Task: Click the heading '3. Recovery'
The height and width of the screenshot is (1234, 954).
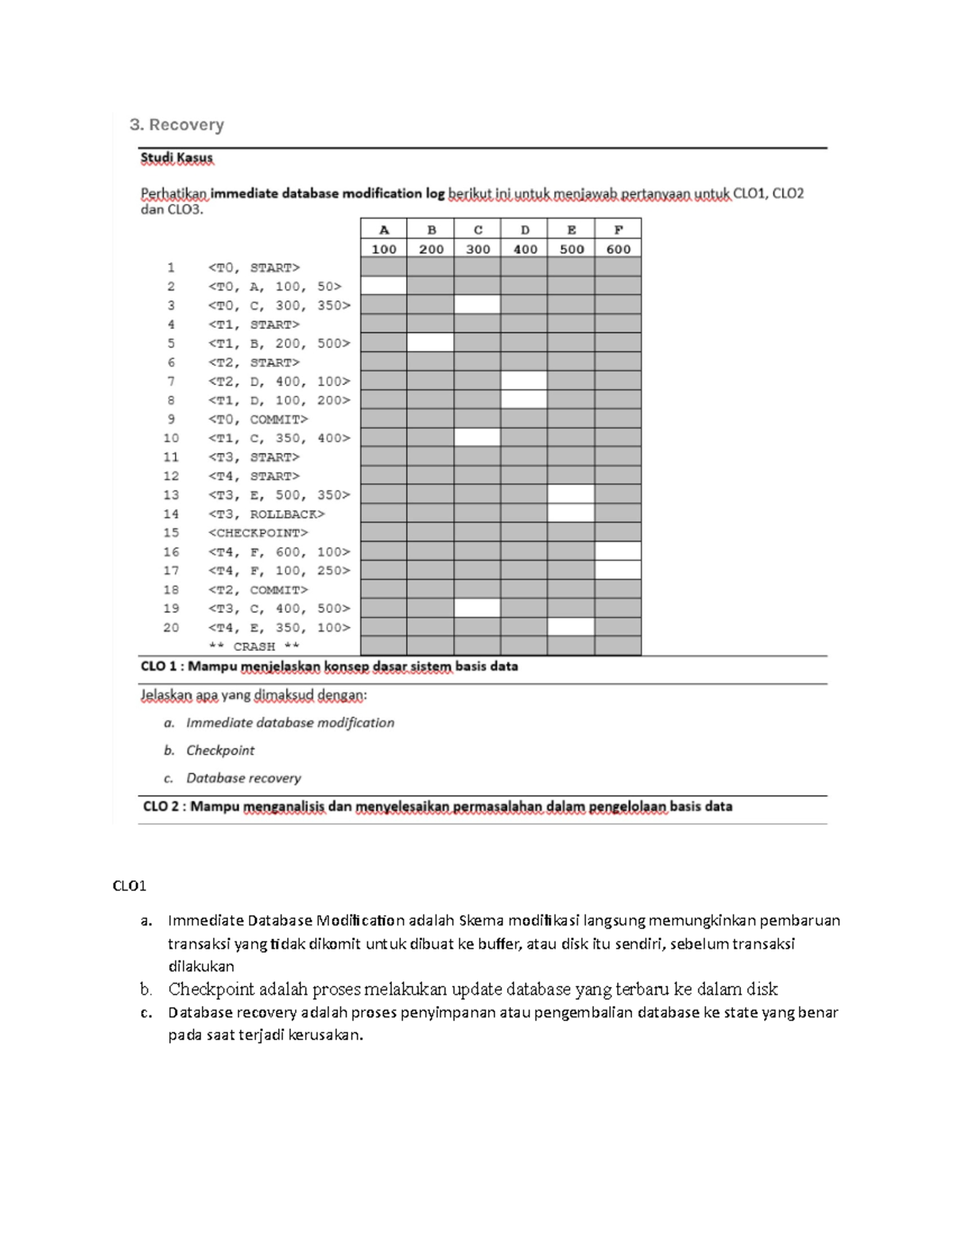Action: [x=176, y=125]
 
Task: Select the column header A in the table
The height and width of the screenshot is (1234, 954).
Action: [x=384, y=230]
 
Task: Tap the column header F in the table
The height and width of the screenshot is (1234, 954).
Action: [x=618, y=230]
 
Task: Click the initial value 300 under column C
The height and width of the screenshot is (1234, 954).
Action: [x=478, y=249]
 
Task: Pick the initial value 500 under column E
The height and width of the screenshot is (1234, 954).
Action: [x=571, y=249]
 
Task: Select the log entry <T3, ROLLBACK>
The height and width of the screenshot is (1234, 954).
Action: [x=266, y=514]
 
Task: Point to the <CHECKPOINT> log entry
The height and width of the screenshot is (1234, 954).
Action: [x=258, y=533]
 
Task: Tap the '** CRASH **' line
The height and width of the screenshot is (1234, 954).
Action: [x=254, y=647]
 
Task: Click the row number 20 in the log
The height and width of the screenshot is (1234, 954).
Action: [x=171, y=628]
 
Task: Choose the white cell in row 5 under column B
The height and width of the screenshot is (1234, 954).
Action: [x=431, y=343]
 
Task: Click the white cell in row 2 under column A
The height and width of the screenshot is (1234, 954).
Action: [x=384, y=287]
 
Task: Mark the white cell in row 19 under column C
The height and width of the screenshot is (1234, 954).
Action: [x=478, y=609]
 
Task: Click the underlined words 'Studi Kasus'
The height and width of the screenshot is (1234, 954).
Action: [x=176, y=158]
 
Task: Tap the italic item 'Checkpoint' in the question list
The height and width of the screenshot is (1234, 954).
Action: [x=220, y=750]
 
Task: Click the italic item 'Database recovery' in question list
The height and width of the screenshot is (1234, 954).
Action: [x=243, y=778]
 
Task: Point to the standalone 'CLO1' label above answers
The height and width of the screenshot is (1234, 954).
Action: [x=130, y=886]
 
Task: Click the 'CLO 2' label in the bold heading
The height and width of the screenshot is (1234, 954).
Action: [x=162, y=807]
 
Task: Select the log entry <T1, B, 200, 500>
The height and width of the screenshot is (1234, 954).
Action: [x=278, y=343]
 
